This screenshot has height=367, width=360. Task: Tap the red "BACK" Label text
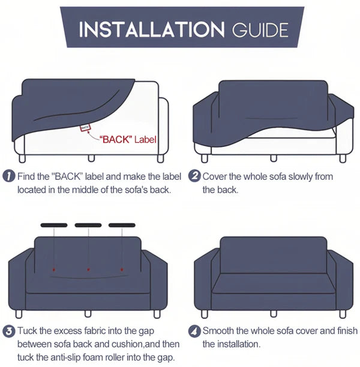click(128, 140)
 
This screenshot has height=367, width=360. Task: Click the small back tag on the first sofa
click(86, 127)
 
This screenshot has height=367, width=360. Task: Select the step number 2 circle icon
click(194, 177)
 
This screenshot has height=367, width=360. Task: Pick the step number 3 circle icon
click(9, 331)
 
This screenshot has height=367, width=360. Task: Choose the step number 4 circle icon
click(194, 331)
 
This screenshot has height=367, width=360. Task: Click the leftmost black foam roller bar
click(54, 225)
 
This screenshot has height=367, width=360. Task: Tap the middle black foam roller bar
click(88, 225)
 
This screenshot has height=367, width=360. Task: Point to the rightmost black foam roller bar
click(122, 225)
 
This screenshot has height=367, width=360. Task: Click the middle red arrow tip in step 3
click(88, 270)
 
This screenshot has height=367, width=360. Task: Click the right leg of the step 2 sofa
click(342, 158)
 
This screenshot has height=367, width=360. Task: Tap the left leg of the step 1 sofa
click(22, 158)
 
